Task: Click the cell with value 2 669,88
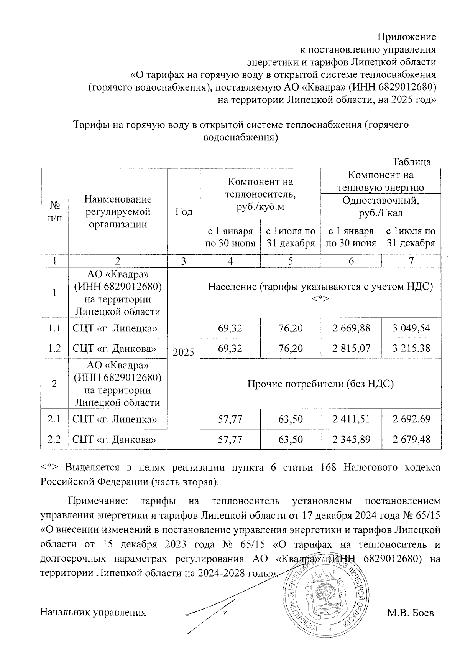pos(351,328)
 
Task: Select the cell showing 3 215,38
pos(411,348)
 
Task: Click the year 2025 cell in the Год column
pos(184,352)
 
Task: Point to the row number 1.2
pos(54,348)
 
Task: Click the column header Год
pos(184,212)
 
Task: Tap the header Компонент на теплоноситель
pos(260,194)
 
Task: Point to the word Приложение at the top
pos(407,37)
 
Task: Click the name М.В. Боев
pos(411,613)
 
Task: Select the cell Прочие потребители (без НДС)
pos(320,384)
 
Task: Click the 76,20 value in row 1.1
pos(291,328)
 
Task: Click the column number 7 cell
pos(411,261)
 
